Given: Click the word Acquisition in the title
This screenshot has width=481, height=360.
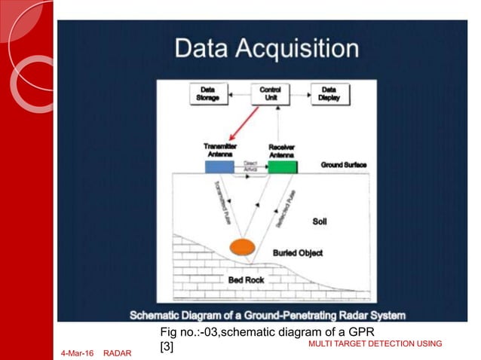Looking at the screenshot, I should (x=295, y=49).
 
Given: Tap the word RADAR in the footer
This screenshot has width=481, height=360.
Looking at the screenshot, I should (x=117, y=352).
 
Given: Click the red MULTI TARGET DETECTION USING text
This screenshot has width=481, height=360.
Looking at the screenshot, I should (x=375, y=344).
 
